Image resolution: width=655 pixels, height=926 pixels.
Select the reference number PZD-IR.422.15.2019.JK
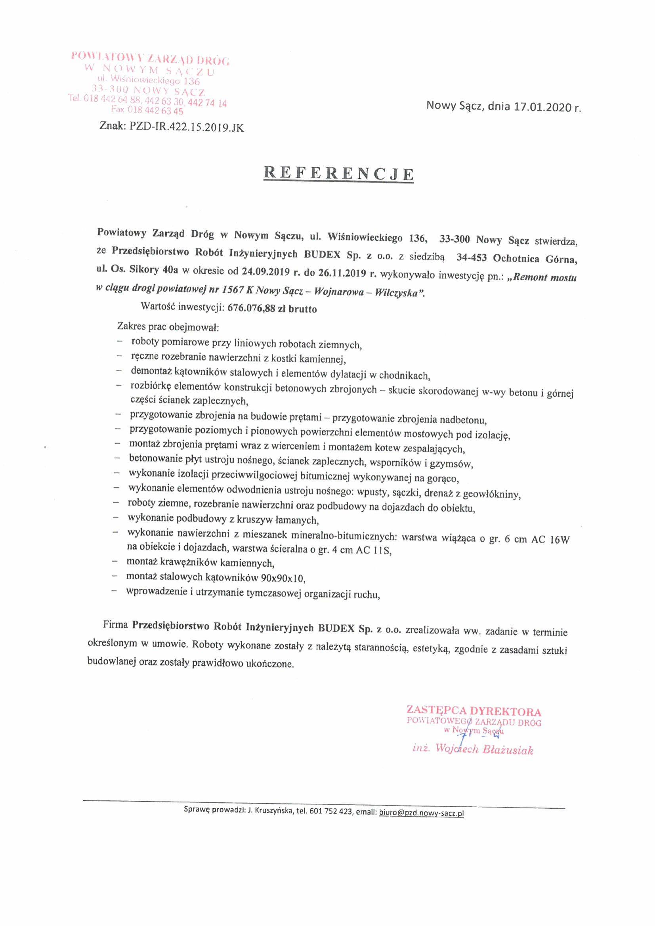(x=186, y=128)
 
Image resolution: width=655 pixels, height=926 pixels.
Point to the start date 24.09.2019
(x=266, y=271)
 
